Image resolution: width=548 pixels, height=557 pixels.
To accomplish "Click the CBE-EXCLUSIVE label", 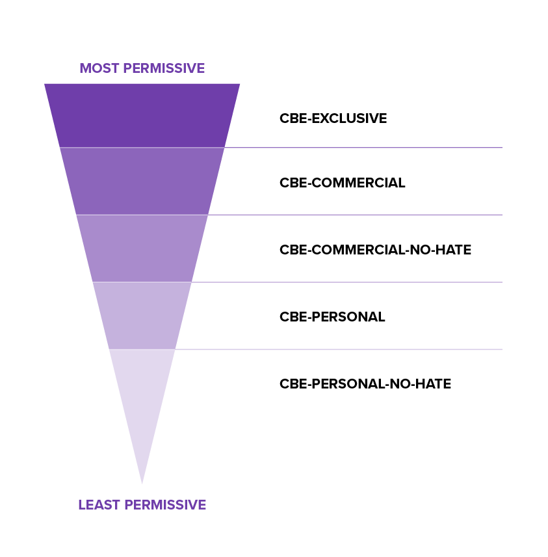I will tap(333, 118).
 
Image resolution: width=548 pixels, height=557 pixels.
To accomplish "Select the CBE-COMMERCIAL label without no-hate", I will tap(342, 183).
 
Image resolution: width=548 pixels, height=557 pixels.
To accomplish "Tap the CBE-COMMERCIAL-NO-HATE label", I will tap(375, 250).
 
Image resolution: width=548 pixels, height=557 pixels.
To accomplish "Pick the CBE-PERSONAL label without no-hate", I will tap(332, 317).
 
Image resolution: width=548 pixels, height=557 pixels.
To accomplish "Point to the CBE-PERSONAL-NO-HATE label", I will tap(365, 384).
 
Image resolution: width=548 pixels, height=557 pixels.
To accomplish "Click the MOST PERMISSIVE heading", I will tap(142, 68).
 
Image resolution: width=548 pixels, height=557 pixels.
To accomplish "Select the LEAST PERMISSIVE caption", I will tap(142, 505).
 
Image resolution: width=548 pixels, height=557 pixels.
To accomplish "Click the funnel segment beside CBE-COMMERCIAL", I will tap(142, 182).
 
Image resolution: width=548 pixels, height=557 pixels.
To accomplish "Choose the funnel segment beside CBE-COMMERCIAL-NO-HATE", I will tap(142, 249).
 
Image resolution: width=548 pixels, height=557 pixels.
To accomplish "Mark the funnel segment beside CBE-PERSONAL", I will tap(142, 316).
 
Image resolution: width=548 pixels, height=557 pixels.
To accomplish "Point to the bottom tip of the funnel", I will tap(142, 482).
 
